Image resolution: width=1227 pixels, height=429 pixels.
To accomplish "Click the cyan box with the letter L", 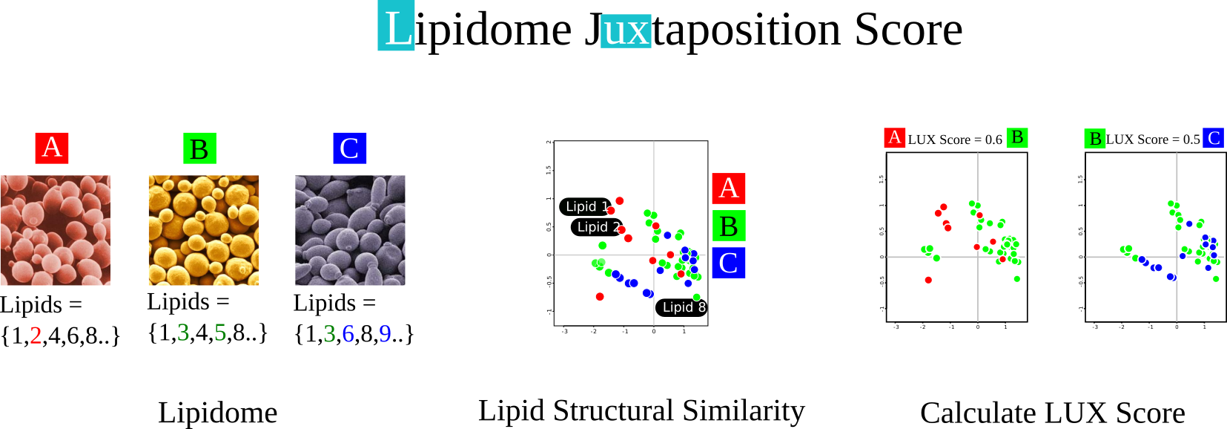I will tap(396, 26).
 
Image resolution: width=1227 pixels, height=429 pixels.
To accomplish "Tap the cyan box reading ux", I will tap(626, 31).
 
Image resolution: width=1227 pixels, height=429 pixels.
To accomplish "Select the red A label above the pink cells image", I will tap(52, 148).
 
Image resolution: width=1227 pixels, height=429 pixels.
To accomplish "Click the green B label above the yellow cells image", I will tap(199, 148).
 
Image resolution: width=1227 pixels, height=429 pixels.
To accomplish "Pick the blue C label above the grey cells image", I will tap(350, 148).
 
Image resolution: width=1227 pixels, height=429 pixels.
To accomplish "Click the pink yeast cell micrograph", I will tap(55, 230).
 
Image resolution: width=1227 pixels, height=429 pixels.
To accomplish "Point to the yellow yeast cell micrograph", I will tap(204, 230).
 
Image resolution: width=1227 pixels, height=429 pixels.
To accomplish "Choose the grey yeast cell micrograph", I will tap(350, 230).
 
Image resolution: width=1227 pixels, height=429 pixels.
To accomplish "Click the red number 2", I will tap(36, 335).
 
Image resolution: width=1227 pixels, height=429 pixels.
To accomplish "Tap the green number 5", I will tap(220, 333).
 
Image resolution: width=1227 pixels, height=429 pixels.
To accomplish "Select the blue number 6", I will tap(348, 334).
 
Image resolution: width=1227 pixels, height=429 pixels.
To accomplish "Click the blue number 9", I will tap(385, 334).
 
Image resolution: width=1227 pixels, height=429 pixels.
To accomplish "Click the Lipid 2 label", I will tap(598, 227).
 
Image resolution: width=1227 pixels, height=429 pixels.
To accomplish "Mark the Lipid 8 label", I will tap(684, 307).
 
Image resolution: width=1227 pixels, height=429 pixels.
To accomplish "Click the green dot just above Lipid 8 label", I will tap(696, 297).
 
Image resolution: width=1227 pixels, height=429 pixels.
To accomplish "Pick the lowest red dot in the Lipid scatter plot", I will tap(600, 297).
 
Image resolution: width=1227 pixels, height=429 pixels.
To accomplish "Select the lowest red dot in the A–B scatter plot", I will tap(928, 280).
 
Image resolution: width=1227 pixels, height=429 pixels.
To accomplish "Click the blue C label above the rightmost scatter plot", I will tap(1213, 138).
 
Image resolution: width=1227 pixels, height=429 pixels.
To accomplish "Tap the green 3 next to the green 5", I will tap(183, 333).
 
